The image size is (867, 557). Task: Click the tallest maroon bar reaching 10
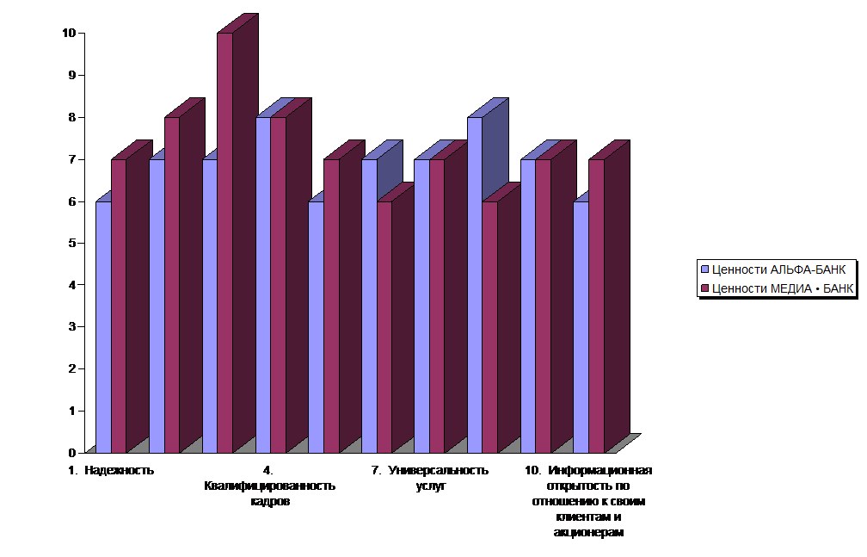[224, 241]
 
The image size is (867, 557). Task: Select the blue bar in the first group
[103, 327]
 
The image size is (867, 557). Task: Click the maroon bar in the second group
[172, 284]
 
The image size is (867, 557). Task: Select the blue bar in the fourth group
[263, 284]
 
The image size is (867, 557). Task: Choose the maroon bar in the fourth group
[278, 284]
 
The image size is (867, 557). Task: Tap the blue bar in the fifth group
[316, 327]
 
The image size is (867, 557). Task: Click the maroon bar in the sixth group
[384, 327]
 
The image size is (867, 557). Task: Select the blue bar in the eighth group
[474, 284]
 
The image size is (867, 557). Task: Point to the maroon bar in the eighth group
[489, 327]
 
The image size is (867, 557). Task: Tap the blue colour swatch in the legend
[704, 268]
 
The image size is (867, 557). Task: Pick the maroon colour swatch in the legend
[704, 288]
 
